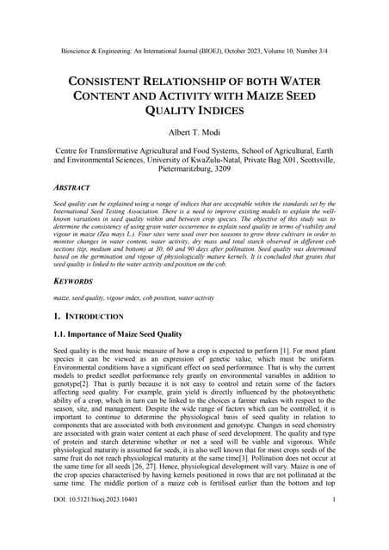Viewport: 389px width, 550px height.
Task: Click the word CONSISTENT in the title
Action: [x=112, y=80]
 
